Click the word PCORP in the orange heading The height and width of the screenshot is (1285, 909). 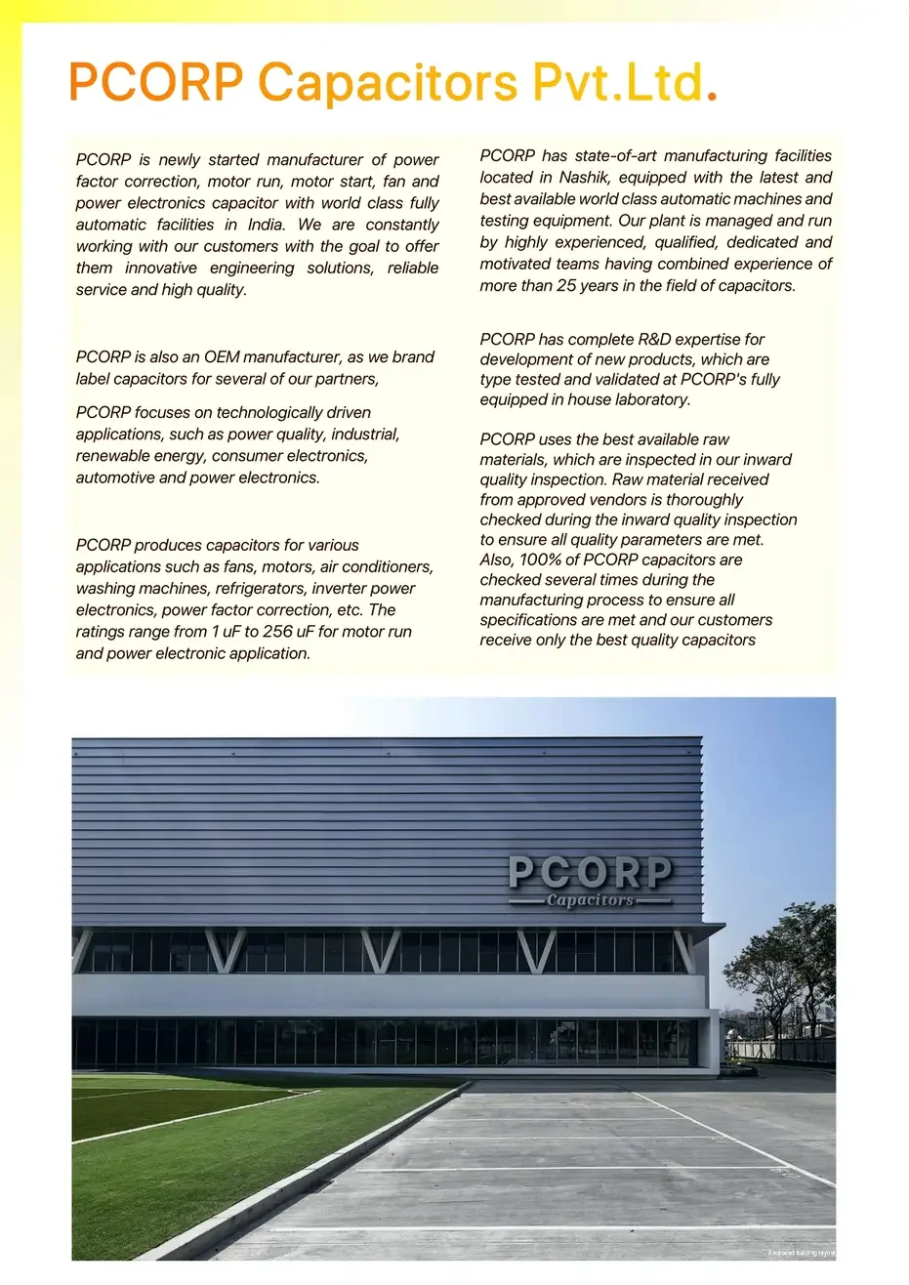(x=155, y=82)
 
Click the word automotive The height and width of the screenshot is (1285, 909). (x=115, y=477)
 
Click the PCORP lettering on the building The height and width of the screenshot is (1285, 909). (x=590, y=871)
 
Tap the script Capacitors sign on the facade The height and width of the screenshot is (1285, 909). (x=590, y=900)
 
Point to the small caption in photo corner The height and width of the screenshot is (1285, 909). (x=801, y=1253)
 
